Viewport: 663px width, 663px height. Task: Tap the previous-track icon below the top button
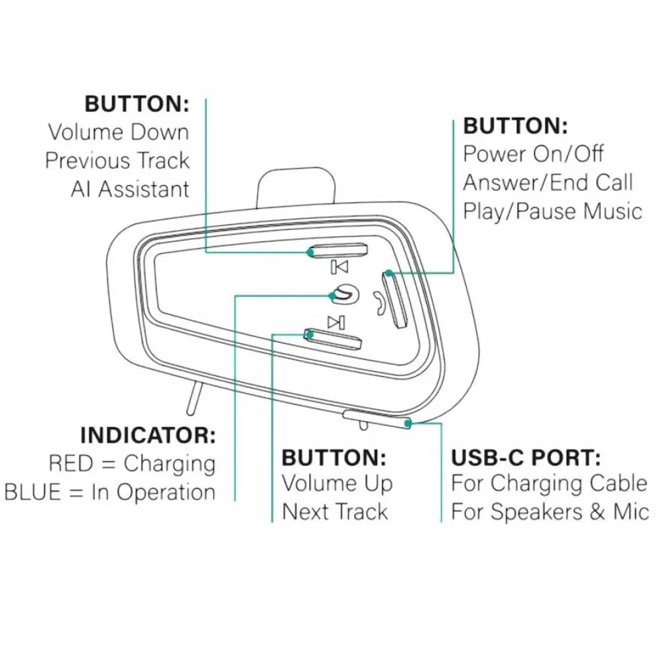coord(339,267)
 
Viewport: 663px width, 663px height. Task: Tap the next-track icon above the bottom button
coord(337,323)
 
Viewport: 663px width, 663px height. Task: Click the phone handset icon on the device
coord(378,302)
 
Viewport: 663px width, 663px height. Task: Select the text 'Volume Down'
coord(118,131)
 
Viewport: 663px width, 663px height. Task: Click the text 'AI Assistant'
coord(130,189)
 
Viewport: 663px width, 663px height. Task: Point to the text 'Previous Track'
coord(117,160)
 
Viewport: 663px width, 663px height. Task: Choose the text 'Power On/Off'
coord(533,154)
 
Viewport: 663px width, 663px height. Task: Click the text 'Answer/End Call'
coord(548,182)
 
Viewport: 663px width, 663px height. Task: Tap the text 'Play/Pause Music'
coord(552,211)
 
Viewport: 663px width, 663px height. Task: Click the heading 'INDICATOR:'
coord(148,436)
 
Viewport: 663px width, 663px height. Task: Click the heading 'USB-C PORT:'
coord(526,457)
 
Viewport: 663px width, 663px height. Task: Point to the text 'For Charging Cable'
coord(549,483)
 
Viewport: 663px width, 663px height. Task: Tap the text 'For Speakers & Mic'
coord(550,512)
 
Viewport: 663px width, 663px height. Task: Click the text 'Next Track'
coord(335,512)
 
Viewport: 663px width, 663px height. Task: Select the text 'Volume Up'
coord(337,483)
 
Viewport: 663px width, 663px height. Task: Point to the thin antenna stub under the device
coord(193,398)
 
